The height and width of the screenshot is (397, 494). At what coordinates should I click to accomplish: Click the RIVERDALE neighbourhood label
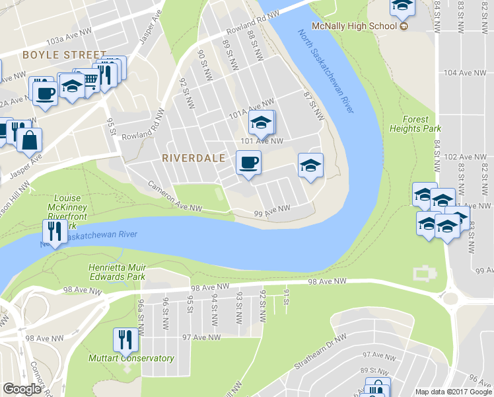pyautogui.click(x=194, y=158)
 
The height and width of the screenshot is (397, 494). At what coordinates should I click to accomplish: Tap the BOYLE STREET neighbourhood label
pyautogui.click(x=64, y=54)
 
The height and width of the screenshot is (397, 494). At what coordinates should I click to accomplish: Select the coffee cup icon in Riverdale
pyautogui.click(x=248, y=163)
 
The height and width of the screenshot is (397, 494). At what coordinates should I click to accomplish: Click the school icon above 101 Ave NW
pyautogui.click(x=261, y=122)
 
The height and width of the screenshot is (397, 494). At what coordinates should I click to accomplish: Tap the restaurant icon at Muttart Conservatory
pyautogui.click(x=125, y=339)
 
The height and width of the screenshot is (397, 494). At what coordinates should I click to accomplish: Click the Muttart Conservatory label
pyautogui.click(x=131, y=359)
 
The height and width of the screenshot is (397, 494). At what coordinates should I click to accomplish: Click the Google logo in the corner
pyautogui.click(x=22, y=389)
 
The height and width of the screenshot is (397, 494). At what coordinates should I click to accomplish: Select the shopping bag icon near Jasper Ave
pyautogui.click(x=30, y=140)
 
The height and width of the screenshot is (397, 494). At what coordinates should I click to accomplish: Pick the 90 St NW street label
pyautogui.click(x=204, y=66)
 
